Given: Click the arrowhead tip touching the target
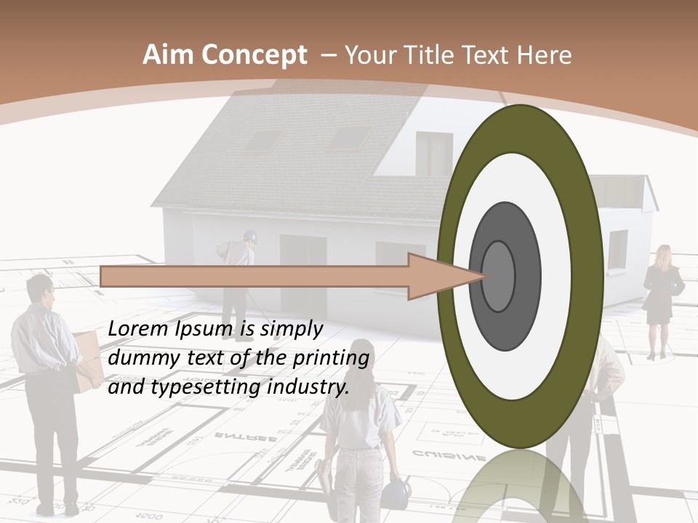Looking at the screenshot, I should click(x=482, y=276).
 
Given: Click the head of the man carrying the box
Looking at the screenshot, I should click(x=41, y=291).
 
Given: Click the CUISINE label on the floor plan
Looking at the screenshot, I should click(x=449, y=455).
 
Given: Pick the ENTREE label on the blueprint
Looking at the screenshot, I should click(x=245, y=437).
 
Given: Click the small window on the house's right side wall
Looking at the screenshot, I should click(x=617, y=249).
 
